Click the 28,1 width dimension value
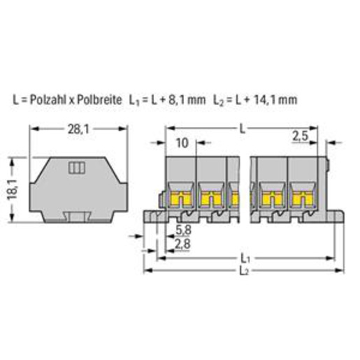(78, 129)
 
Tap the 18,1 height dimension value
(12, 189)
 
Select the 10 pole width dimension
(182, 143)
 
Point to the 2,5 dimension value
(301, 136)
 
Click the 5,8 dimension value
(183, 230)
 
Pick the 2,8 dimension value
(182, 244)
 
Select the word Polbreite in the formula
(99, 100)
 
